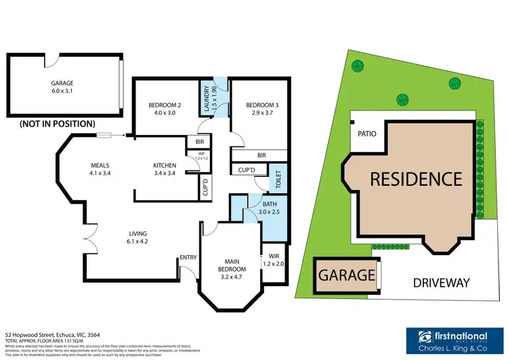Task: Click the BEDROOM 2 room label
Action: coord(165,105)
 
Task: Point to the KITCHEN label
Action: coord(165,165)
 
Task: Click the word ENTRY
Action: coord(188,256)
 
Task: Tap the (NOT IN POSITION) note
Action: coord(57,124)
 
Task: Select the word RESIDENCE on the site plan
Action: coord(416,179)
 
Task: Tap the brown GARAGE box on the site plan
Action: coord(347,276)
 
